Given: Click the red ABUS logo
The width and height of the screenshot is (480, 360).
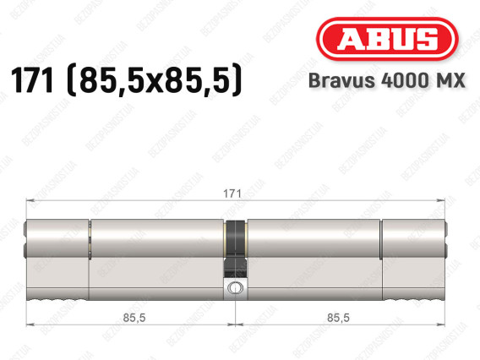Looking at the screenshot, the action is click(x=387, y=39).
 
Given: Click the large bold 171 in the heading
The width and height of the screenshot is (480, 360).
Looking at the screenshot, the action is click(x=32, y=80).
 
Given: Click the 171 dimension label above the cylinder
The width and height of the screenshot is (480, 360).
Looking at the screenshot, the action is click(x=232, y=194).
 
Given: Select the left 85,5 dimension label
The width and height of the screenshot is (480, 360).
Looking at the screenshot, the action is click(x=134, y=318).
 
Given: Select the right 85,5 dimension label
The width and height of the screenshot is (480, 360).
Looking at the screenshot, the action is click(x=338, y=318).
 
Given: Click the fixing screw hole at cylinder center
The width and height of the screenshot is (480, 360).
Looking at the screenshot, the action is click(x=235, y=288).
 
